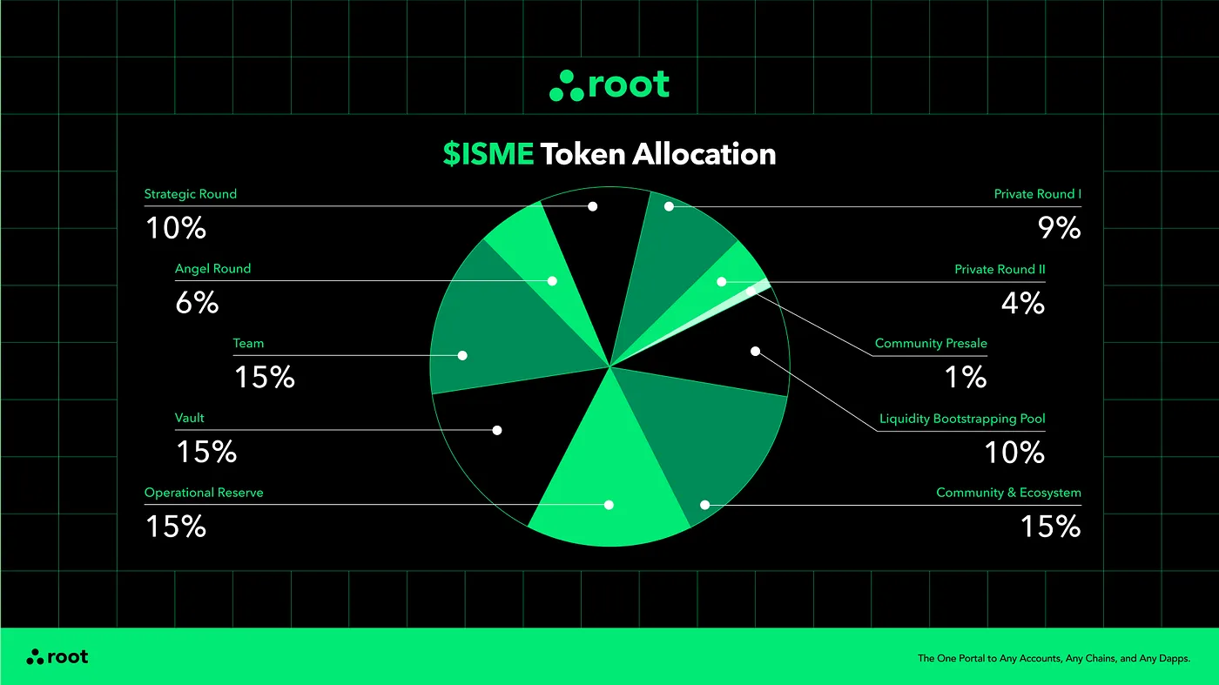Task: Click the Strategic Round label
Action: click(190, 194)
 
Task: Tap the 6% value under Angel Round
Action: click(197, 303)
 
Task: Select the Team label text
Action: click(248, 344)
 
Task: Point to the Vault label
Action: click(190, 419)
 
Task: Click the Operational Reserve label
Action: click(204, 493)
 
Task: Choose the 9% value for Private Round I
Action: click(1059, 228)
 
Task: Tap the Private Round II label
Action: click(1000, 270)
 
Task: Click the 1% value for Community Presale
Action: click(966, 377)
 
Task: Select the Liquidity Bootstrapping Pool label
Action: click(962, 419)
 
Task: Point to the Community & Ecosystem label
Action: click(1008, 493)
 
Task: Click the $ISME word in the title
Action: click(488, 154)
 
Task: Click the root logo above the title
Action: click(609, 85)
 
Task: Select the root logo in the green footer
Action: click(57, 657)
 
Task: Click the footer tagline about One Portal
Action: click(1054, 659)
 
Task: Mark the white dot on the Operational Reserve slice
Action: click(609, 505)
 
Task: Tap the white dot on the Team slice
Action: click(462, 355)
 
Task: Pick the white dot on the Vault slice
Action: click(497, 430)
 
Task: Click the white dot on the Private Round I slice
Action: click(669, 206)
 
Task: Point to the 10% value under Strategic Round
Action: click(176, 228)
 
